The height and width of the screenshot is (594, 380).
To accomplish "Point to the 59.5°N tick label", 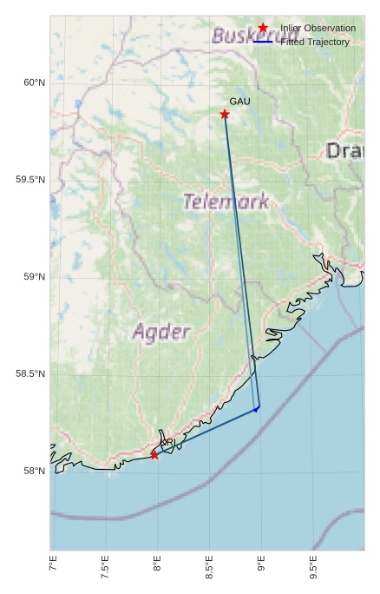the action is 30,180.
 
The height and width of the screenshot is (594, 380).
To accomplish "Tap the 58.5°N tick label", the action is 30,374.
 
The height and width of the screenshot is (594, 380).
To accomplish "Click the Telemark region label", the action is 226,201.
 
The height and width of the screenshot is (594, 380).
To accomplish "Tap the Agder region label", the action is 161,332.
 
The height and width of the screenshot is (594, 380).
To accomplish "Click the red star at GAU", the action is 225,115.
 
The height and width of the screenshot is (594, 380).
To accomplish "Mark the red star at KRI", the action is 154,454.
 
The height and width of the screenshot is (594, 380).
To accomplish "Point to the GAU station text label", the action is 239,102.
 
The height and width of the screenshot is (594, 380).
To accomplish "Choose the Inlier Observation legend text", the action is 318,29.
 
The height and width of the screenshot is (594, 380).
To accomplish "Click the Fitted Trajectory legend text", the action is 315,42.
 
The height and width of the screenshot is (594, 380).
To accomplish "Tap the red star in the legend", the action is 263,28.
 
